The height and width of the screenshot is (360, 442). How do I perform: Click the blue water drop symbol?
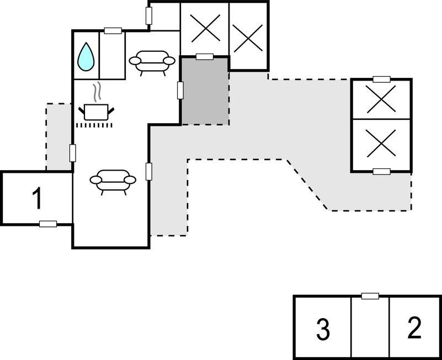click(86, 57)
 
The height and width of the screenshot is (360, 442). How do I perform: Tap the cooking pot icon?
click(96, 112)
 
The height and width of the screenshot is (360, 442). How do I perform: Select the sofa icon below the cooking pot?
click(113, 181)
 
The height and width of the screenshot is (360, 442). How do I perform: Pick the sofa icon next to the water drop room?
click(152, 62)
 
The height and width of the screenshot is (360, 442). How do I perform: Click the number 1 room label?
click(37, 198)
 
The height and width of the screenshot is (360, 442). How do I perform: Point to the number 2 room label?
click(414, 327)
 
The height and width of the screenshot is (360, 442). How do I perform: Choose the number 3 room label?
click(323, 330)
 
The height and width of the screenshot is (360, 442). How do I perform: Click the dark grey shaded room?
click(205, 91)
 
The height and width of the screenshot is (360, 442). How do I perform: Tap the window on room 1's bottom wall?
click(48, 224)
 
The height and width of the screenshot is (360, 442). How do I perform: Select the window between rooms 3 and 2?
click(370, 296)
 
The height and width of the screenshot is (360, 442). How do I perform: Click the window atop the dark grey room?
click(205, 57)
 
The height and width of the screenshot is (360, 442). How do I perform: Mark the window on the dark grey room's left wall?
click(180, 91)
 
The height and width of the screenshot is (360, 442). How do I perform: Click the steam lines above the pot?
click(97, 92)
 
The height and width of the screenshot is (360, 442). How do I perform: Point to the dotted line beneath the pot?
click(94, 125)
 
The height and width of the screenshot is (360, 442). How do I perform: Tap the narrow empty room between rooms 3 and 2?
click(370, 327)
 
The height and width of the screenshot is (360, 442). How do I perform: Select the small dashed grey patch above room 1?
click(58, 137)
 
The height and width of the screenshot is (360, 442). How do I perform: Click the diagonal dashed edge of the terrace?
click(308, 185)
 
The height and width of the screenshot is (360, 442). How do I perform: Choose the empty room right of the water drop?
click(112, 55)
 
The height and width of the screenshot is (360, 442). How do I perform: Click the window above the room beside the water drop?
click(113, 31)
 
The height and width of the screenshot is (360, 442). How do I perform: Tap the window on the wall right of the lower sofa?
click(149, 172)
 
